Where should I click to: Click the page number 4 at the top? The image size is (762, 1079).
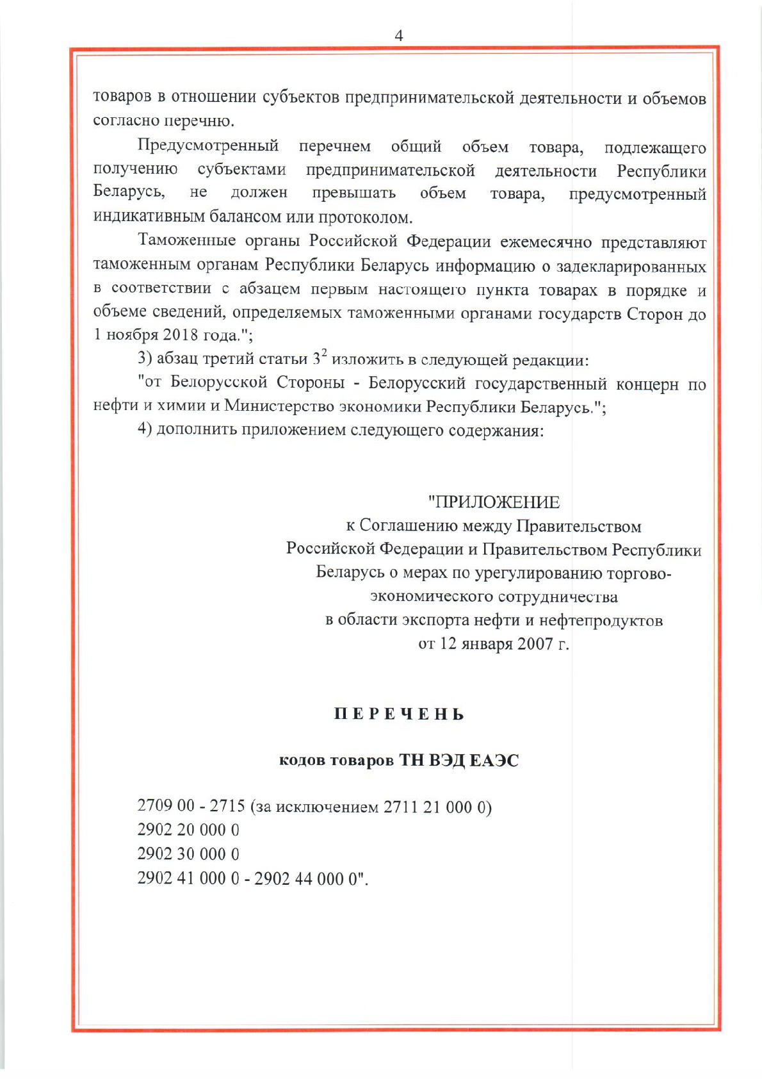pos(398,36)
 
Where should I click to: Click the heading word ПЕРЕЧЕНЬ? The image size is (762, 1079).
pos(399,714)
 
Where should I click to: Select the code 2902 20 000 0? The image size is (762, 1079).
pos(188,830)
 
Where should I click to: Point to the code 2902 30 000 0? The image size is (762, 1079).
pos(188,853)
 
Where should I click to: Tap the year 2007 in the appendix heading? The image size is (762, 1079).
pos(535,643)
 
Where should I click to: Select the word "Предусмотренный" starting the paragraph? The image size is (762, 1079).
pos(208,145)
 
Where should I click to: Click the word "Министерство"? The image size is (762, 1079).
pos(279,406)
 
